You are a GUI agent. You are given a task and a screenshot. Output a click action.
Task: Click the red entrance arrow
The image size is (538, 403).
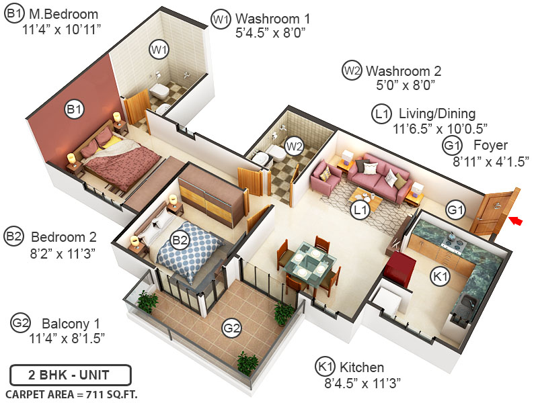coord(516,219)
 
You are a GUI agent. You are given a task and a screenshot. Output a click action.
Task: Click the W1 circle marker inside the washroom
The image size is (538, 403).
coord(159,50)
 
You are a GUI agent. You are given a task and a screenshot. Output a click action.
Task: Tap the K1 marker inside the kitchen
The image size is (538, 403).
coord(440,275)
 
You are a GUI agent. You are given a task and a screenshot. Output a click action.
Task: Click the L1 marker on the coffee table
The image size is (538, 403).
coord(361,210)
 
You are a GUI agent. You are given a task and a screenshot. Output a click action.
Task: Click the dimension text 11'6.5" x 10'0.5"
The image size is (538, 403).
coord(440,128)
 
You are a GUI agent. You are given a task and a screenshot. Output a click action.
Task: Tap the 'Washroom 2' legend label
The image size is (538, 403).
coord(403,71)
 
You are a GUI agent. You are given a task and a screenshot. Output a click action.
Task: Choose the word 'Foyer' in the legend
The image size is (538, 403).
coord(490,145)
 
